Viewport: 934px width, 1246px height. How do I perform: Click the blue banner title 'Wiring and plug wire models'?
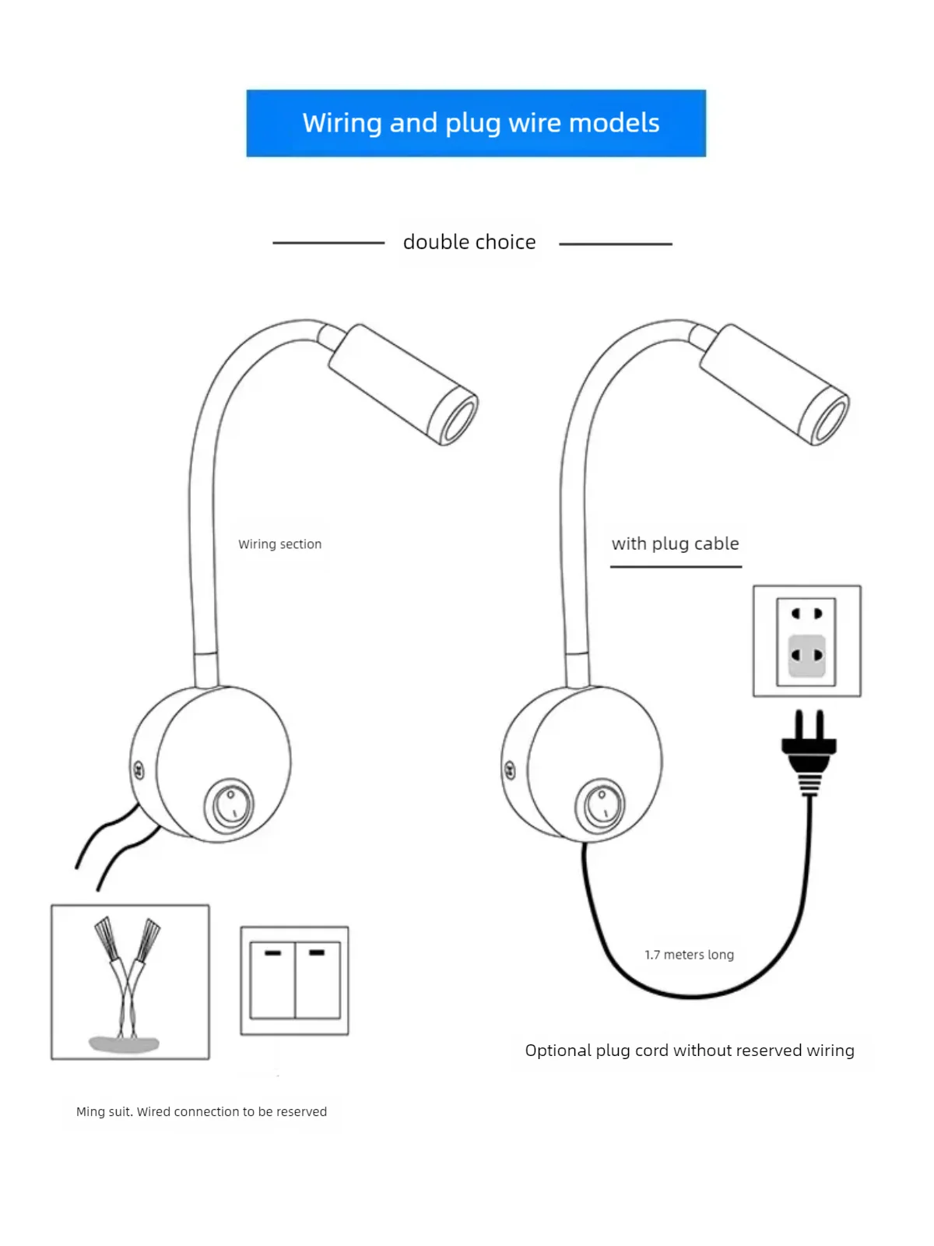(481, 123)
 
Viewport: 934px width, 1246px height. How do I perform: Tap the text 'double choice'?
(469, 242)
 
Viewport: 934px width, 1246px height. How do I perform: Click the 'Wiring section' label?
(279, 544)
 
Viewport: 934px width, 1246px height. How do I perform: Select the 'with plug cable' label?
(675, 544)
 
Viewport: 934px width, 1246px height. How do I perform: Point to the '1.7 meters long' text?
(689, 954)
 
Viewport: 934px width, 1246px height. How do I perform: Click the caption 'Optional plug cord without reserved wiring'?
(690, 1051)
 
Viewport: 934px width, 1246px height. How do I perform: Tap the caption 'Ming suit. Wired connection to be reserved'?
(202, 1111)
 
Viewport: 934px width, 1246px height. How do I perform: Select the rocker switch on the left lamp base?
(230, 805)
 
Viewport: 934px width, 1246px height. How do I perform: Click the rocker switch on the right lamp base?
(601, 805)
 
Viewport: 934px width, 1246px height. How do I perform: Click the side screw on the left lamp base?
(139, 770)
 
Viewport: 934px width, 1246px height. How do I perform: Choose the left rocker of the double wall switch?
(272, 980)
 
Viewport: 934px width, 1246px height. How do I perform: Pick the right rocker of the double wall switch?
(318, 980)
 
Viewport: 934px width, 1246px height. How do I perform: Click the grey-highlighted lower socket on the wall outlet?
(806, 656)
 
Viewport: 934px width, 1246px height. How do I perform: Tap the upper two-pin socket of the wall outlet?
(806, 613)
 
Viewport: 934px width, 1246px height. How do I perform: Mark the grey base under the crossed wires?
(124, 1044)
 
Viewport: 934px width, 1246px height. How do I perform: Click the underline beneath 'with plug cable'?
(676, 566)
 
